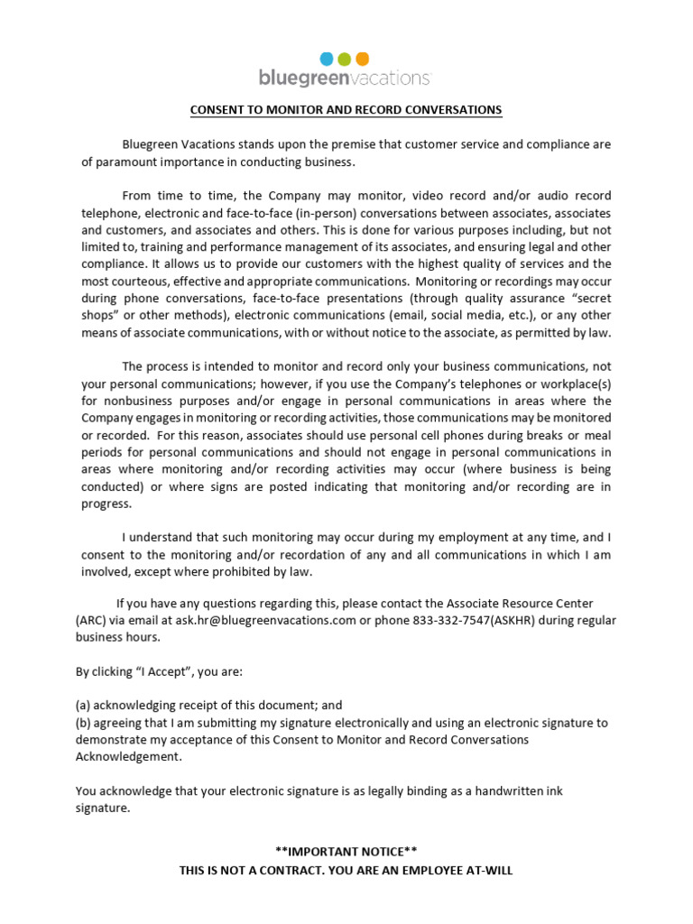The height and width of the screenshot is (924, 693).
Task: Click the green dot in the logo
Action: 345,60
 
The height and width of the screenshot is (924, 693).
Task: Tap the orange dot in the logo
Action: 363,60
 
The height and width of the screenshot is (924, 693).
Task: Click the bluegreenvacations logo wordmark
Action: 345,79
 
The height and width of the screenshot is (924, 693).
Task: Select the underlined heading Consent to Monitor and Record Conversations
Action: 346,110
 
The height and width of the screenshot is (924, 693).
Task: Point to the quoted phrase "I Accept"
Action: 160,671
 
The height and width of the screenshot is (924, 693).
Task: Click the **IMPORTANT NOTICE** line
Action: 346,852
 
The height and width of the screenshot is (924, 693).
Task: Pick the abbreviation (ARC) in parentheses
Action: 91,620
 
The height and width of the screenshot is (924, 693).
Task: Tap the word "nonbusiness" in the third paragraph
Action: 131,401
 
